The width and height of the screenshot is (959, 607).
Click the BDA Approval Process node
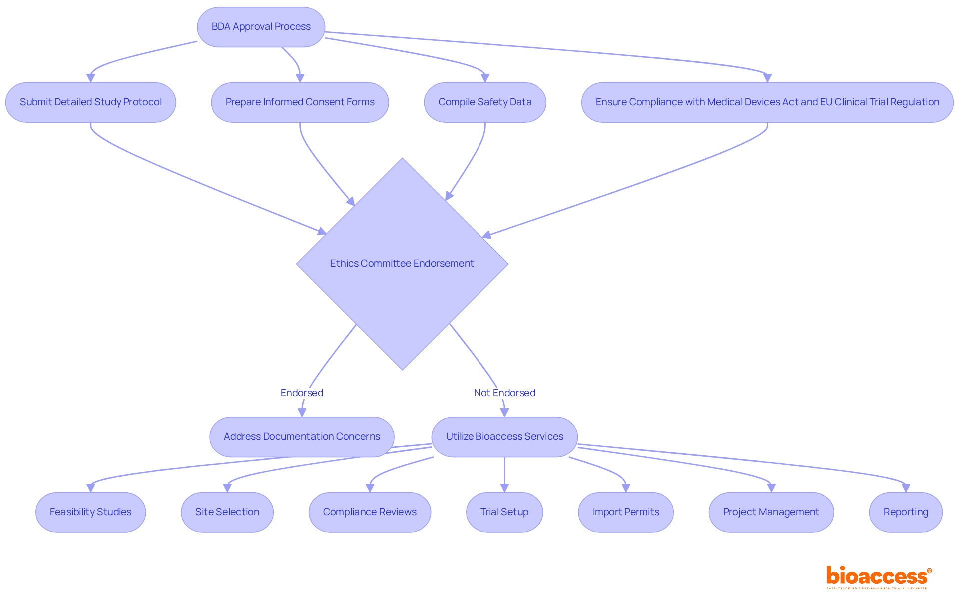click(x=261, y=27)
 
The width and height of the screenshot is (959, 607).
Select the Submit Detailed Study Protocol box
click(x=90, y=102)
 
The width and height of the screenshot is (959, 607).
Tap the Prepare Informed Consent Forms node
click(x=300, y=102)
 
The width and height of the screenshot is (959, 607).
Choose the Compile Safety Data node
click(x=484, y=102)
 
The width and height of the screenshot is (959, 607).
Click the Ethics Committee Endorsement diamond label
click(x=402, y=263)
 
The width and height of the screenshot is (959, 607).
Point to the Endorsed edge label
click(x=302, y=393)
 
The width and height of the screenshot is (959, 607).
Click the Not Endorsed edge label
click(x=504, y=393)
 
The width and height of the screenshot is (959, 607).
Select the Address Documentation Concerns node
click(x=302, y=436)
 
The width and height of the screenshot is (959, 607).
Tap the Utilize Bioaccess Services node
click(x=504, y=436)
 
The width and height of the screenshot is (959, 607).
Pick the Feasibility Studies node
click(x=90, y=512)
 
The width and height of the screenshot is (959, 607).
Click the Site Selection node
click(x=227, y=512)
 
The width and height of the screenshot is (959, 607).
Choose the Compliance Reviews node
click(x=370, y=512)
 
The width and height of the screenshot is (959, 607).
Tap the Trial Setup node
click(x=504, y=512)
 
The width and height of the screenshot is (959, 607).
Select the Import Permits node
click(x=625, y=512)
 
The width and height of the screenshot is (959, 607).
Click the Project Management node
click(x=771, y=512)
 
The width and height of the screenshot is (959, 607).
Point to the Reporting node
click(x=906, y=512)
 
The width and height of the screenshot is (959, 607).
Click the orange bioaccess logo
click(x=878, y=576)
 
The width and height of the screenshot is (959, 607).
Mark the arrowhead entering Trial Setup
click(x=504, y=488)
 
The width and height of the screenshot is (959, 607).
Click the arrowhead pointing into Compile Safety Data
click(x=485, y=78)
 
